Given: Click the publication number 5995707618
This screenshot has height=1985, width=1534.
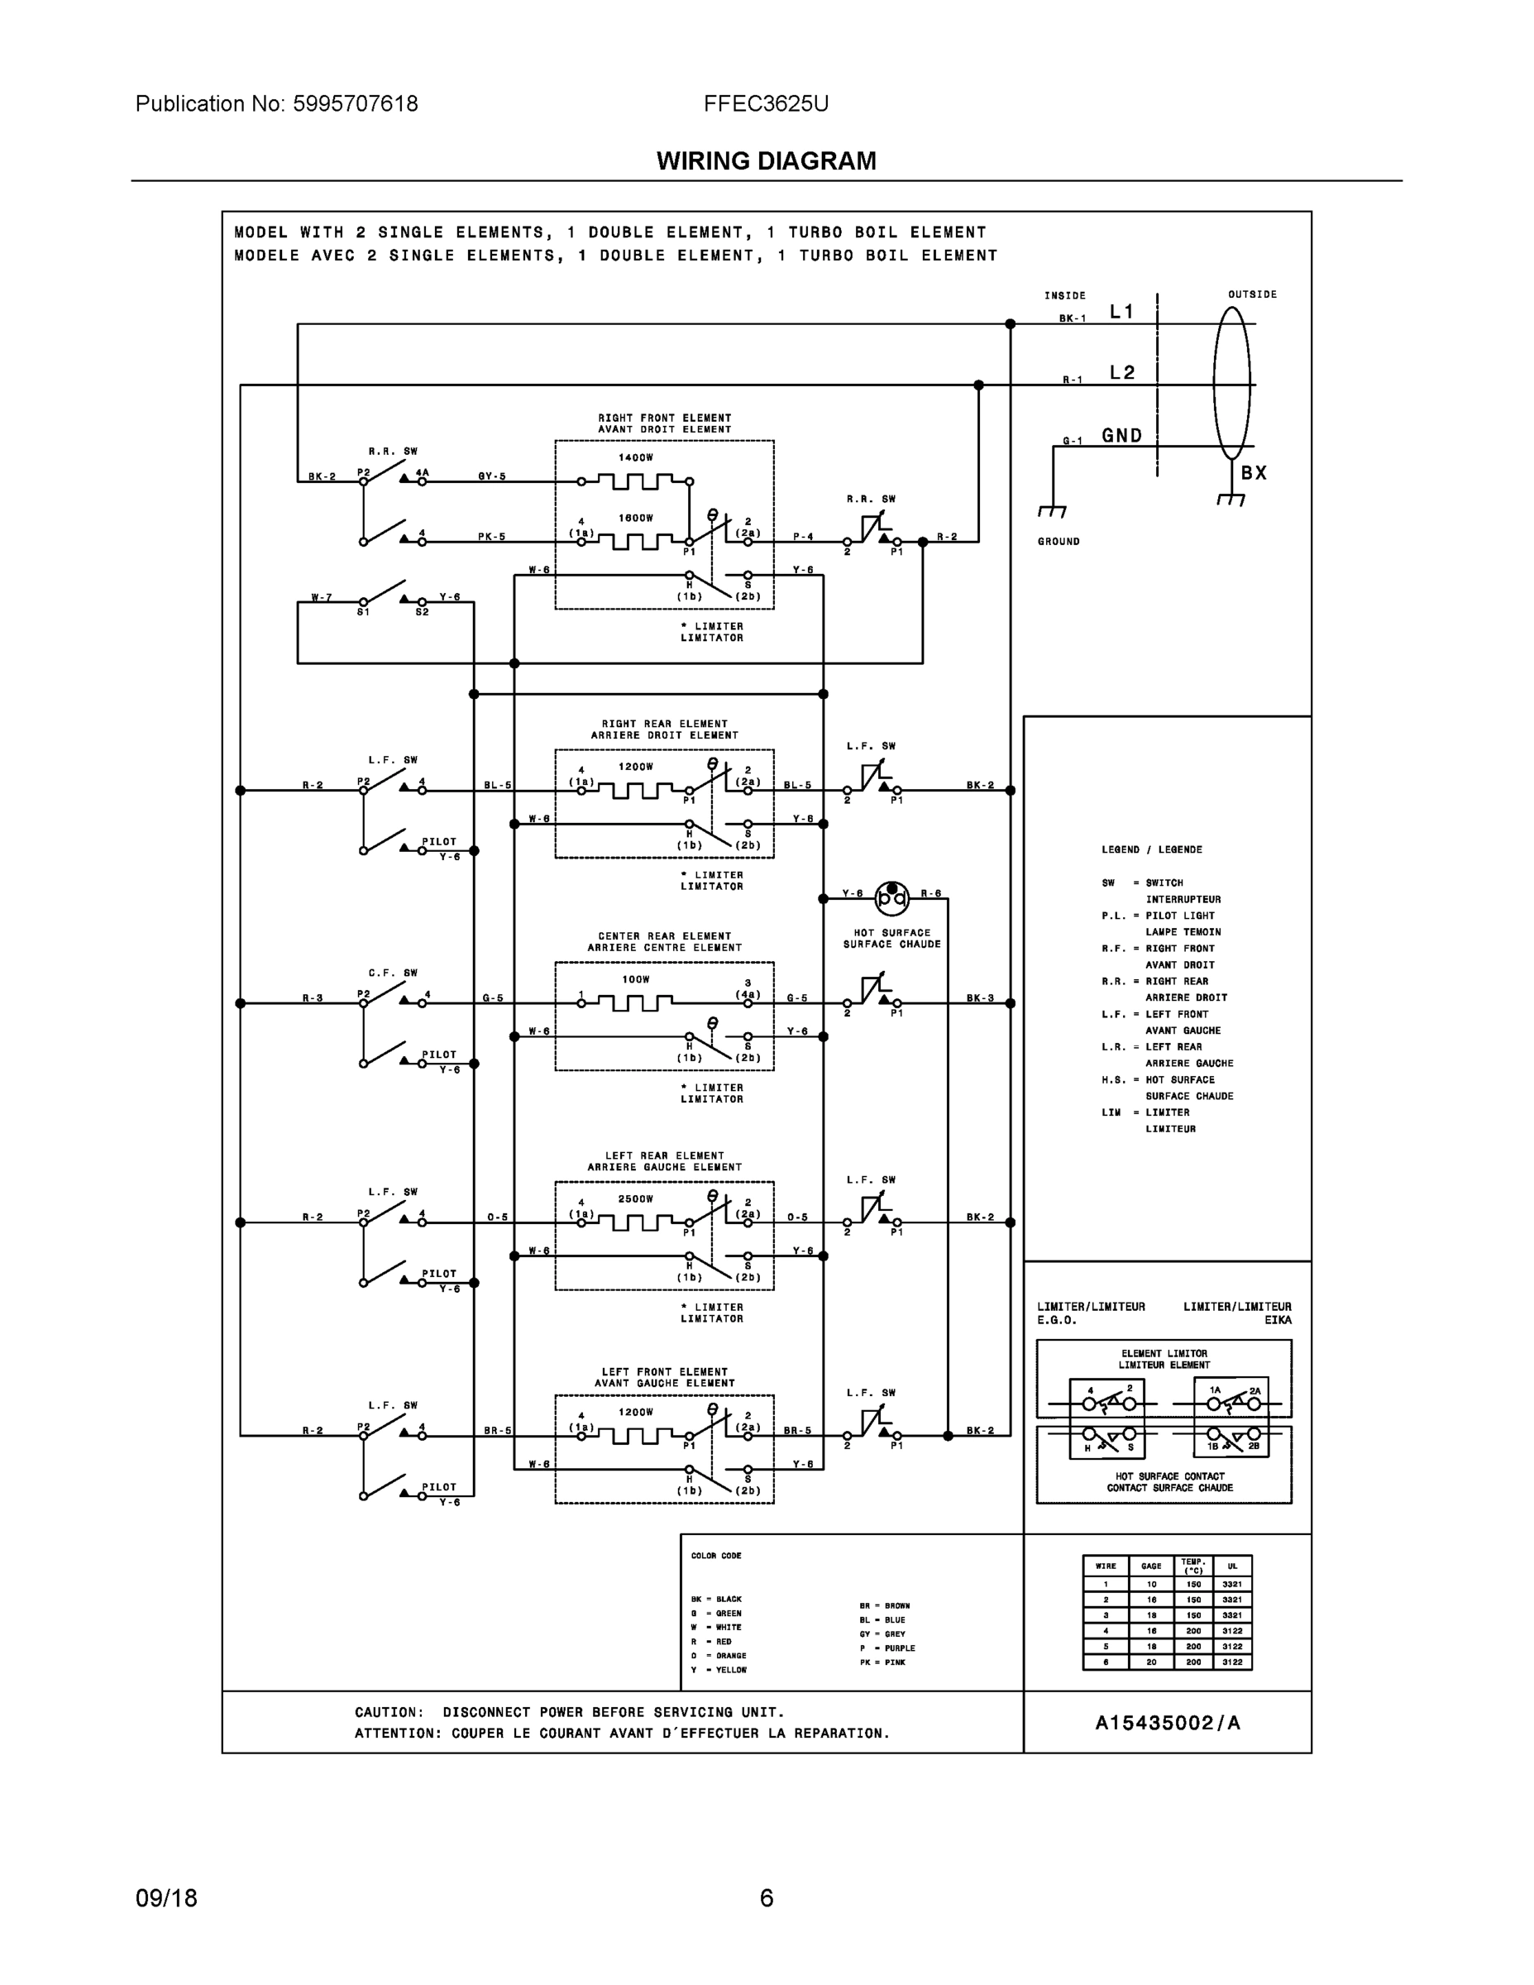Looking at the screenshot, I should [356, 103].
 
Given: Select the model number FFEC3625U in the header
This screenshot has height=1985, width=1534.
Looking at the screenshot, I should [765, 103].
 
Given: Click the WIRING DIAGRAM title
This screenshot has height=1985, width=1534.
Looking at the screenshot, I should [766, 161].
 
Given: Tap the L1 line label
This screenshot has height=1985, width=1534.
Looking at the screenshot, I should [1122, 312].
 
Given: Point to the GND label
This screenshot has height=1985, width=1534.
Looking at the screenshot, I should [1122, 435].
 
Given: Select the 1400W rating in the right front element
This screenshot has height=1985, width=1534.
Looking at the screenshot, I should [636, 458].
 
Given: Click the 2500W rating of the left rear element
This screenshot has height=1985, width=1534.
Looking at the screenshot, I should [636, 1198].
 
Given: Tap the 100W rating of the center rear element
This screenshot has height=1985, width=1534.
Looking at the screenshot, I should [636, 979].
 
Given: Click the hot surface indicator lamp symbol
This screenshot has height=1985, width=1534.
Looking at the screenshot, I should [891, 898].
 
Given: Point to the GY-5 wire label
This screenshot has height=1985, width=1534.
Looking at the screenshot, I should [492, 476].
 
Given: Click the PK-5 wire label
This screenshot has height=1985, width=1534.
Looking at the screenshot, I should [492, 537].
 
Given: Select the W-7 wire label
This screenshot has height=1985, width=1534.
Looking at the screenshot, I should [322, 597].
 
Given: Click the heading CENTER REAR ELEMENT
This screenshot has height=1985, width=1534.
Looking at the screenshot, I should [664, 936].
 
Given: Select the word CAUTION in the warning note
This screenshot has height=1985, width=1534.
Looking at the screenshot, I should [388, 1712].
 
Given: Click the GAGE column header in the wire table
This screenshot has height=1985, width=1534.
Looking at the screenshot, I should [1151, 1566].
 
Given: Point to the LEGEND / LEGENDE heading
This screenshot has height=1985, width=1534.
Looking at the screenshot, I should [1151, 849].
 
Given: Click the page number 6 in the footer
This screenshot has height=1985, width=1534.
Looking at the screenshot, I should [766, 1898].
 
